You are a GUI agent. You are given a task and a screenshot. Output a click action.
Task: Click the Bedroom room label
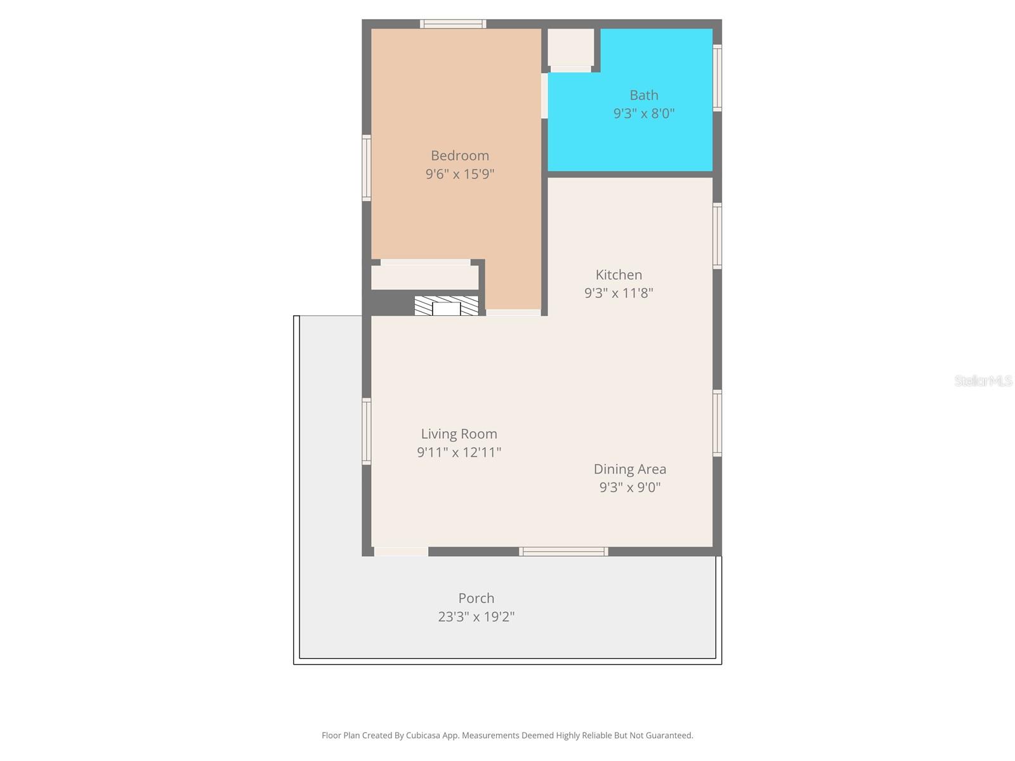460,156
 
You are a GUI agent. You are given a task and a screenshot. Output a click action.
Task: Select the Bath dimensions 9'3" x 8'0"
644,114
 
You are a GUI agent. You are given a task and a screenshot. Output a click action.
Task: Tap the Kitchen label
619,275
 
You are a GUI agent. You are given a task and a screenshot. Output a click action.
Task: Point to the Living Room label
459,434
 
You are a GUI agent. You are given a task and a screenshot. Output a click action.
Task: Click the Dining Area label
630,469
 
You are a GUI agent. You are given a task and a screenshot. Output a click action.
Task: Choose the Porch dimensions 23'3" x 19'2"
476,616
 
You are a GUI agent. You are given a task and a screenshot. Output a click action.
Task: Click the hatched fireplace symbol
446,306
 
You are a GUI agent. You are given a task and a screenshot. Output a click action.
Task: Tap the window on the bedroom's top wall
453,24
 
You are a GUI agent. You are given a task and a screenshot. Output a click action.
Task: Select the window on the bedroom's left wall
366,167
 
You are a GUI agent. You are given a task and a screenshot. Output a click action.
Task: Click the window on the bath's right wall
717,77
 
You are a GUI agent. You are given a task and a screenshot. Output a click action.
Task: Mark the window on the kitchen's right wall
717,236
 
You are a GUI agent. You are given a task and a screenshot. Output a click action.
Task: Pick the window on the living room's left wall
366,431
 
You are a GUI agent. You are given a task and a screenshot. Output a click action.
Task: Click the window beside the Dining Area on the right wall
717,423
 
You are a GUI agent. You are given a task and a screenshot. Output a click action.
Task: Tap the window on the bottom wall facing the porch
563,551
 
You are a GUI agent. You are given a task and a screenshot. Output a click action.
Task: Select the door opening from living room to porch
401,551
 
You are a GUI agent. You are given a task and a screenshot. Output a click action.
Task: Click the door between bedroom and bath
544,96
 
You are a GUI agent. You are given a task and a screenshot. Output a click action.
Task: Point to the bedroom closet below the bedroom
424,277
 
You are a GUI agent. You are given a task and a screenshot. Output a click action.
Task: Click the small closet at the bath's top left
570,47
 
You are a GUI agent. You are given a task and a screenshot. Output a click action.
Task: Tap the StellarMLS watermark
983,380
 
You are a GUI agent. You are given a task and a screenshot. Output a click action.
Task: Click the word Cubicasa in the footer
422,735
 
